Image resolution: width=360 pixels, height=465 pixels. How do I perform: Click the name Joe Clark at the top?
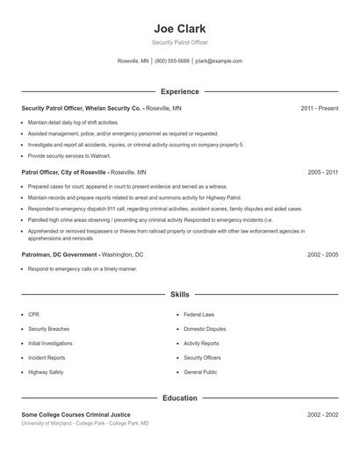(179, 28)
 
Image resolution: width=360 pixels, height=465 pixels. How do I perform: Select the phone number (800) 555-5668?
(172, 61)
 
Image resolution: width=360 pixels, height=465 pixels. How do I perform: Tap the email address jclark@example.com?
(219, 61)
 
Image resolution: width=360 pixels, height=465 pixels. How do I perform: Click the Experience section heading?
(179, 91)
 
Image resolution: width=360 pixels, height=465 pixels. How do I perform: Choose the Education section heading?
(179, 397)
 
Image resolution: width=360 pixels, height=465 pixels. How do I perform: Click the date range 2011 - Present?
(319, 108)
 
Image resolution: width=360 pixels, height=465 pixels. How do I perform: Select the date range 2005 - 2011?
(322, 173)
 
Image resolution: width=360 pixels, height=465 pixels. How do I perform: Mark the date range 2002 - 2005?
(322, 254)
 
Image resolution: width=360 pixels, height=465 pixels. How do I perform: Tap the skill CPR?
(33, 314)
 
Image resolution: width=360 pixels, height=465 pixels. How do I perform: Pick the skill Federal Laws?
(199, 314)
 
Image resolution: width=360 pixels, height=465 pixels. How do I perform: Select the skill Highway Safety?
(46, 373)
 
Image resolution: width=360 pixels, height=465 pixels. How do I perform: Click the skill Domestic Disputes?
(205, 329)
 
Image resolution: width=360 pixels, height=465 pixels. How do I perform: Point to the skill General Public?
(200, 373)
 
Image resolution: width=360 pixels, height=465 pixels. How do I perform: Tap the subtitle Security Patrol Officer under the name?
(179, 42)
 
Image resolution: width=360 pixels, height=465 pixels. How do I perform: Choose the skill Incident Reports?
(47, 358)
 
